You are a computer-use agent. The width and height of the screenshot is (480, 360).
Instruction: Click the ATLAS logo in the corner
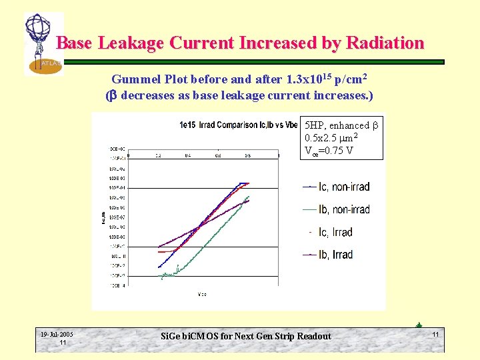pos(41,43)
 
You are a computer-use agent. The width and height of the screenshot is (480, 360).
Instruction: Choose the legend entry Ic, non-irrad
pos(336,187)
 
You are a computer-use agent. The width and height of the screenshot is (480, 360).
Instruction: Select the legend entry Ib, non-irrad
pos(336,209)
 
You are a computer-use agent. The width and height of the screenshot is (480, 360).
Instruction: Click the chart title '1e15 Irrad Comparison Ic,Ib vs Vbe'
pos(238,125)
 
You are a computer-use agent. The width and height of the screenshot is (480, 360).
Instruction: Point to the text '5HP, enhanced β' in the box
pos(341,125)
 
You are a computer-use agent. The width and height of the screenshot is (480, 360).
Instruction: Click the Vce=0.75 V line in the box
pos(329,150)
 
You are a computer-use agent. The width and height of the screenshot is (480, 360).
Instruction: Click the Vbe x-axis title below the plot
pos(202,294)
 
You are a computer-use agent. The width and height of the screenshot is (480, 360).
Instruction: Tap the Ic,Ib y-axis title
pos(103,217)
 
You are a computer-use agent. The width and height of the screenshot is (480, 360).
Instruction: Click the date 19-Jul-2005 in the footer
pos(57,335)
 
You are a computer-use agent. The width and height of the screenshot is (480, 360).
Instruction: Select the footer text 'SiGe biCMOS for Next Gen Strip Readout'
pos(246,336)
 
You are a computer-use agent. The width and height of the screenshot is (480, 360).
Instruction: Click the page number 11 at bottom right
pos(435,333)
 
